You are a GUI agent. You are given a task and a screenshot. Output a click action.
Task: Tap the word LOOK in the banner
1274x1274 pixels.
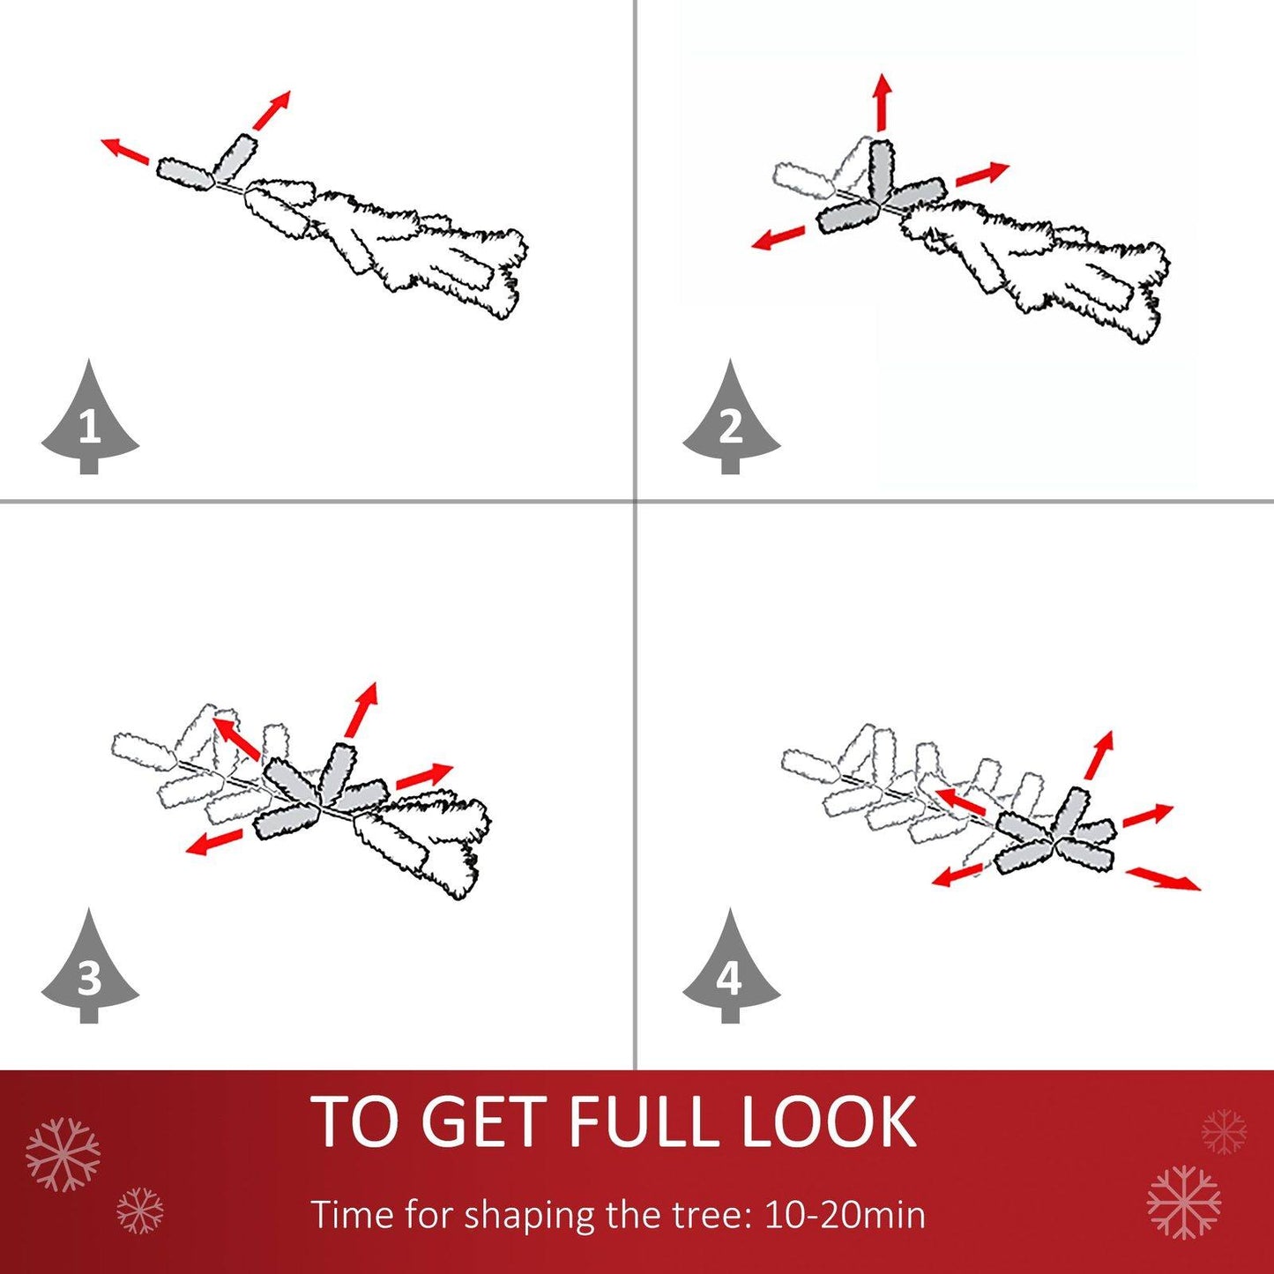[831, 1122]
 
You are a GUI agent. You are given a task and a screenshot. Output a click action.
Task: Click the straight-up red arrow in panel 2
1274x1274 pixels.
[882, 102]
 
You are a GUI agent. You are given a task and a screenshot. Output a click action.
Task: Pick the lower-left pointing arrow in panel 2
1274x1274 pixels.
[779, 237]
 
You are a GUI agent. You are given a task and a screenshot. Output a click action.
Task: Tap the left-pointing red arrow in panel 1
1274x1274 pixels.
[125, 151]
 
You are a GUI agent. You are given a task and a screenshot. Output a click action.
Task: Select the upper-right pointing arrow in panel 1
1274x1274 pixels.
[271, 110]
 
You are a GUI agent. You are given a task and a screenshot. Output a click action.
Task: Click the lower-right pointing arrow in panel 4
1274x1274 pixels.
[1163, 879]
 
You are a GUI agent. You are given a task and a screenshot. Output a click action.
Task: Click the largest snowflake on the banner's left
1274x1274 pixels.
[63, 1156]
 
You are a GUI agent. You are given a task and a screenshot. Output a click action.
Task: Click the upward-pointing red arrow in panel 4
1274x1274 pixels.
[1099, 755]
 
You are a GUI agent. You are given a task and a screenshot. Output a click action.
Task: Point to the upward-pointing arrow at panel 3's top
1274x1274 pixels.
[361, 710]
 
